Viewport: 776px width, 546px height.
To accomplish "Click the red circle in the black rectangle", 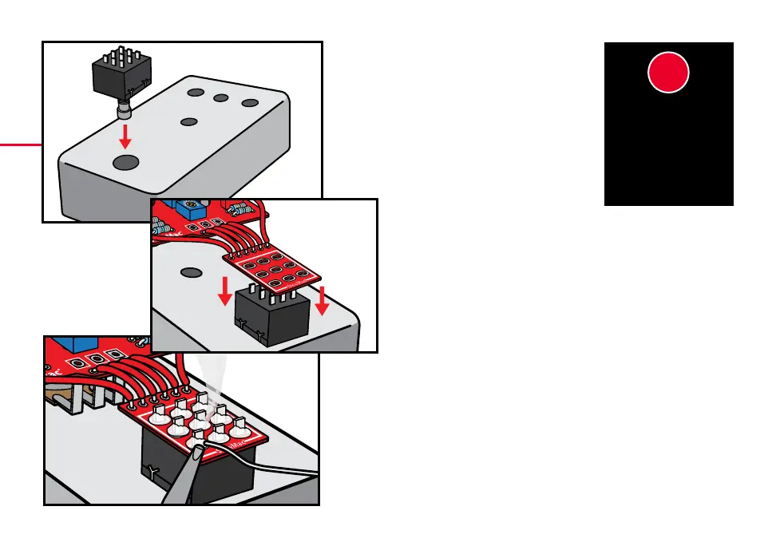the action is (x=668, y=73).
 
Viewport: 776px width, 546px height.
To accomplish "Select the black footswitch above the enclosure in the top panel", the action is (x=119, y=73).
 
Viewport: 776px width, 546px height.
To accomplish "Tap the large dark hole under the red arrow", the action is (x=126, y=163).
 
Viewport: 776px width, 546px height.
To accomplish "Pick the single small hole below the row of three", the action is (x=189, y=122).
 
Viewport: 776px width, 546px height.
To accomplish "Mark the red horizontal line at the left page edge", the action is (x=21, y=144).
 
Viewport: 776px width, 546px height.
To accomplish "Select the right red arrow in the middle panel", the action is (x=322, y=299).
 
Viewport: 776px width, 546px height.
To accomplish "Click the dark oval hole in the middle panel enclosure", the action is (x=191, y=271).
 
